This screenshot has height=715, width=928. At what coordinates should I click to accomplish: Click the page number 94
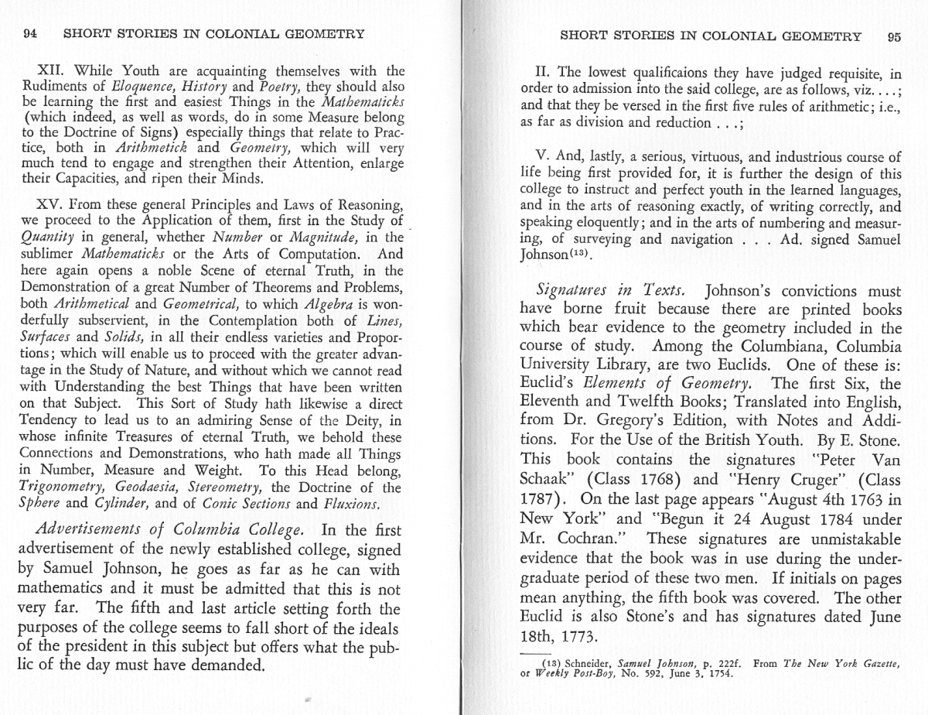(x=32, y=35)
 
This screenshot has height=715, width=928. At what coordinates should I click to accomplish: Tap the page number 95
(x=893, y=36)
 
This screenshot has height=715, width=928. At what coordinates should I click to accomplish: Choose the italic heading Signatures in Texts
(x=610, y=292)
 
